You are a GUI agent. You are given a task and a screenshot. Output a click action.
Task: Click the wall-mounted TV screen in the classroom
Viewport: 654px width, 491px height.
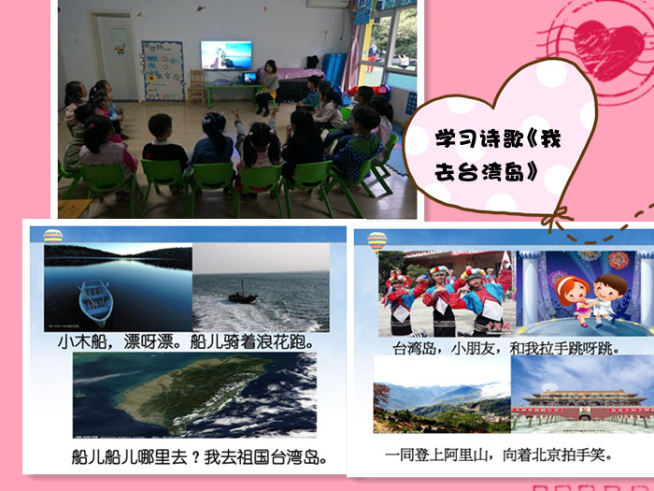(x=226, y=54)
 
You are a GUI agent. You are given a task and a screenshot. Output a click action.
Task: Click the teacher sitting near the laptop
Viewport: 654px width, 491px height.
(x=268, y=87)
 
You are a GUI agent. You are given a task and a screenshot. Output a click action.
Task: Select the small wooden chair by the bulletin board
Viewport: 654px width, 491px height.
(x=196, y=87)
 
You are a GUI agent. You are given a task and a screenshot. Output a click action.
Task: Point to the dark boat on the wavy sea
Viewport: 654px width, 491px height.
(x=243, y=296)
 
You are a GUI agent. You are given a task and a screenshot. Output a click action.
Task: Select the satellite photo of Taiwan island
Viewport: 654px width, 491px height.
(x=194, y=395)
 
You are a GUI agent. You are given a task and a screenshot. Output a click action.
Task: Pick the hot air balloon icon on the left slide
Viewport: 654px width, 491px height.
(x=53, y=236)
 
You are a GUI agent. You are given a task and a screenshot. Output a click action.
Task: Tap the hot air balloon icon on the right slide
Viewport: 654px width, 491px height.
(x=377, y=242)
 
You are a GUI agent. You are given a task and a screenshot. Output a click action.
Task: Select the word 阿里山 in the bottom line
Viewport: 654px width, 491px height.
(x=464, y=455)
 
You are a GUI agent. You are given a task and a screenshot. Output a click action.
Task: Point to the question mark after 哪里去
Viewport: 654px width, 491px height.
(x=195, y=458)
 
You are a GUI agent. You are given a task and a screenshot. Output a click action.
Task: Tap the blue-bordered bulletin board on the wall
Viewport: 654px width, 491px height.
(x=163, y=70)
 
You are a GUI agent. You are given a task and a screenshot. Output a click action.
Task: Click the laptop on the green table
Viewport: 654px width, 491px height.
(x=249, y=78)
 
